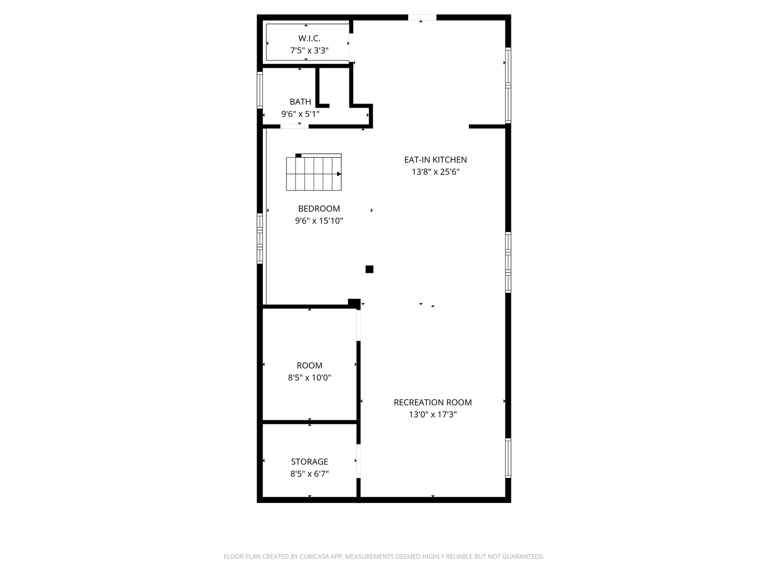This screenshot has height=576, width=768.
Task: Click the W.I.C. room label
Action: pyautogui.click(x=309, y=38)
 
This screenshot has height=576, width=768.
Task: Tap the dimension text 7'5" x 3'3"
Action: pyautogui.click(x=309, y=51)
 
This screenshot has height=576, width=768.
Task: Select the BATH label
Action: pyautogui.click(x=300, y=101)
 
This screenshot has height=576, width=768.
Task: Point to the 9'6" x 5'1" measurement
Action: pyautogui.click(x=300, y=114)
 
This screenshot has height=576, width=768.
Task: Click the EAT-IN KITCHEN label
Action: pyautogui.click(x=435, y=159)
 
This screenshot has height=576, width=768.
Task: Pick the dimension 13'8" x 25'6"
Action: pyautogui.click(x=435, y=172)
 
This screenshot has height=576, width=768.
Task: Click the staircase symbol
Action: pyautogui.click(x=314, y=172)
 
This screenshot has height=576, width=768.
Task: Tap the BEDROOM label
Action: pyautogui.click(x=319, y=209)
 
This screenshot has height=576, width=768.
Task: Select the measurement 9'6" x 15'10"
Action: pyautogui.click(x=319, y=221)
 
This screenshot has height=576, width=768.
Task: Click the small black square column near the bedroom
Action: pyautogui.click(x=369, y=269)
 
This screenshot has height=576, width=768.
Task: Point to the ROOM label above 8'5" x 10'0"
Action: pyautogui.click(x=309, y=365)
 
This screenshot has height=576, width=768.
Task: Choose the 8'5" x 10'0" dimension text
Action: pyautogui.click(x=309, y=378)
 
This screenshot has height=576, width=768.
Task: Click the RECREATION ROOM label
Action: pyautogui.click(x=433, y=402)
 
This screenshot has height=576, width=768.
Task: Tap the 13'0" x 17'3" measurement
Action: pyautogui.click(x=433, y=414)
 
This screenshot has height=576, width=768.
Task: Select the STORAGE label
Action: pyautogui.click(x=309, y=461)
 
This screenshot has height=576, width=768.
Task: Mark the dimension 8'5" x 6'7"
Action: pyautogui.click(x=309, y=474)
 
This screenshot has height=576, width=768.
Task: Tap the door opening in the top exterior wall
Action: pyautogui.click(x=422, y=18)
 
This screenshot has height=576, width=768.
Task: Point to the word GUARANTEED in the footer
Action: pyautogui.click(x=521, y=556)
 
